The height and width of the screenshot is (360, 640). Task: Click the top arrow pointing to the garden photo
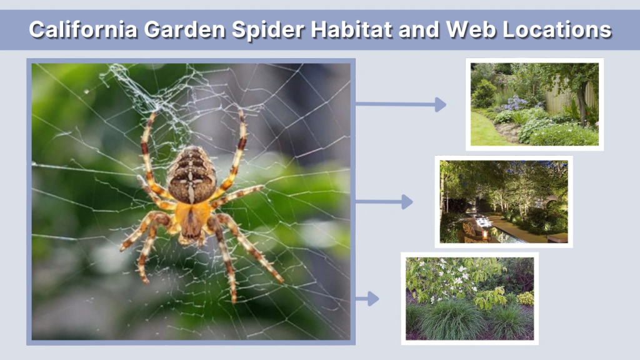click(401, 104)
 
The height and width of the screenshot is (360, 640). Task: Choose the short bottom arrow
click(368, 299)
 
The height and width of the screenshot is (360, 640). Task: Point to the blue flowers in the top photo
click(516, 104)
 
